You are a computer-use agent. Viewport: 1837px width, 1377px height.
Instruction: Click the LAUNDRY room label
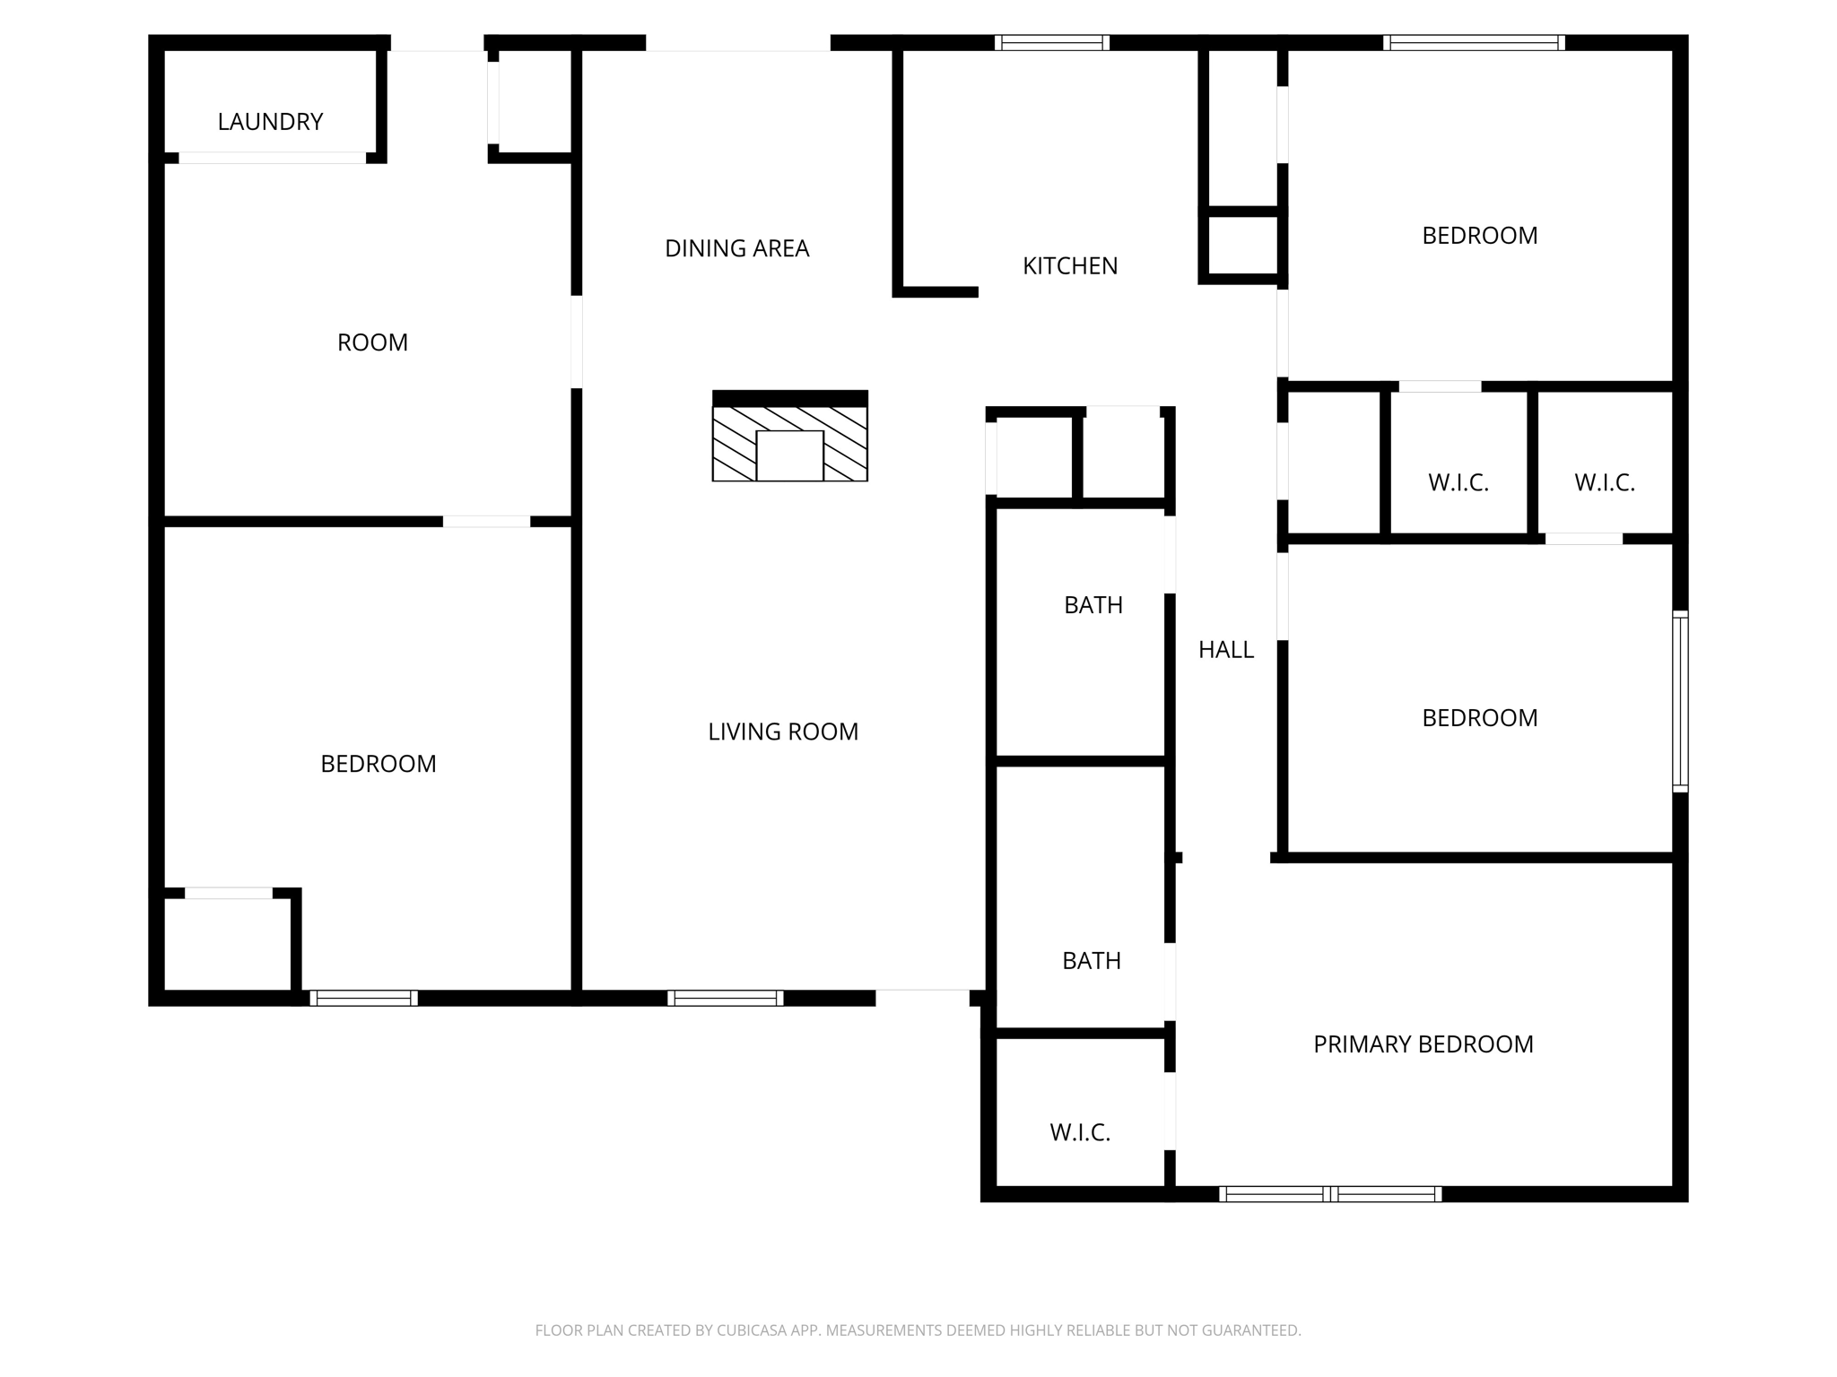[270, 122]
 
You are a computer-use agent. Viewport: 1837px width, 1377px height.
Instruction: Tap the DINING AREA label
[736, 248]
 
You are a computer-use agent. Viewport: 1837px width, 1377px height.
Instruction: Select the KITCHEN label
[1070, 265]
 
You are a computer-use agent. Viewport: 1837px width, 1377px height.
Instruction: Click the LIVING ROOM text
[783, 732]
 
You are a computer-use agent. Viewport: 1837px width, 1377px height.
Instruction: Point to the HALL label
[1225, 650]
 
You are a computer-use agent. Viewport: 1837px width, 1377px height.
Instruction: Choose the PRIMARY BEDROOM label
[1423, 1044]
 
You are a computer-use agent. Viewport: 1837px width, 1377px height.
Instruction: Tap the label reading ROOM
[372, 342]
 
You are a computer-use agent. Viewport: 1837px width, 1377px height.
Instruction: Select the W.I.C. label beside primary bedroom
[1080, 1132]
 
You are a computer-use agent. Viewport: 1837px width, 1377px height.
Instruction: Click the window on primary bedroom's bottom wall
[1330, 1194]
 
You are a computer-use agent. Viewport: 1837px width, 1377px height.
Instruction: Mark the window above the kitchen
[1051, 42]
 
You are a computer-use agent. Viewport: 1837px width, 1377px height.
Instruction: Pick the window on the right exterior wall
[1680, 701]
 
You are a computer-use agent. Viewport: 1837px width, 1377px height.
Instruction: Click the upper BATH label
[1093, 605]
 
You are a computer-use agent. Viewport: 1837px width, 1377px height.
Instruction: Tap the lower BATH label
[1091, 961]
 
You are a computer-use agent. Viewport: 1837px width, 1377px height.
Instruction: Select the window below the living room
[725, 998]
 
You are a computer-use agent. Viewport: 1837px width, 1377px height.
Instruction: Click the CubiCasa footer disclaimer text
[918, 1330]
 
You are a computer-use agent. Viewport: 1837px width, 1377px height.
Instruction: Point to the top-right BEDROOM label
[1479, 236]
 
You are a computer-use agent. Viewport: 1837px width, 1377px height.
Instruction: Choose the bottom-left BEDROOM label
[378, 764]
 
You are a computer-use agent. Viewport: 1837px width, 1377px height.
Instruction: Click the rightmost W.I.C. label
[1604, 483]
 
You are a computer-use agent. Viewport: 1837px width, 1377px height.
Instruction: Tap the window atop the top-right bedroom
[1474, 42]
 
